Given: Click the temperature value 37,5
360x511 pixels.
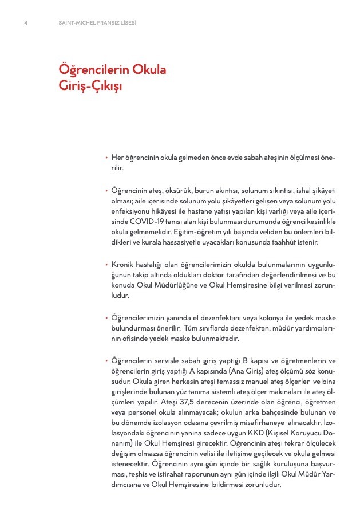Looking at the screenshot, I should [x=184, y=402].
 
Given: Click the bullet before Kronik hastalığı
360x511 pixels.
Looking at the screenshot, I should [x=106, y=265].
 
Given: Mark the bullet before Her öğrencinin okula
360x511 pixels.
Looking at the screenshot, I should [x=106, y=158].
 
